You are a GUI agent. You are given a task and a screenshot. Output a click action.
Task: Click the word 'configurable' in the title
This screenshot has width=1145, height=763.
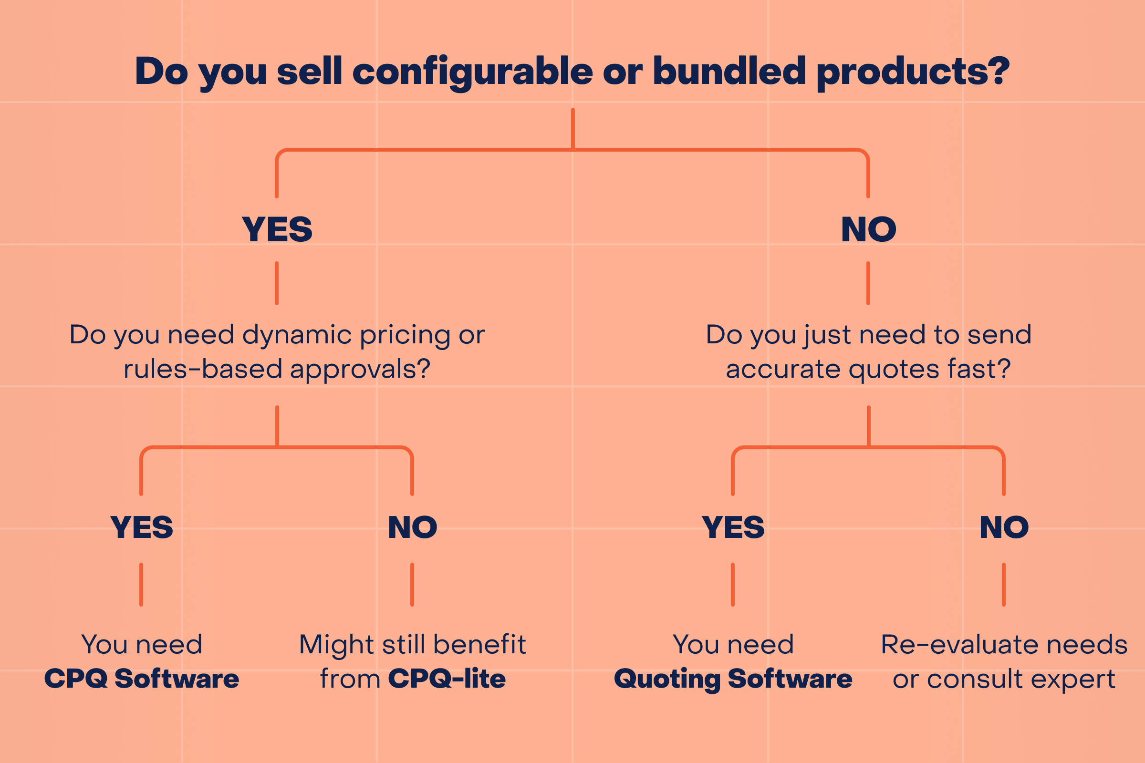tap(472, 72)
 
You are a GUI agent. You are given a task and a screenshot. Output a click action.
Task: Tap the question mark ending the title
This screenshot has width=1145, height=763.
tap(998, 71)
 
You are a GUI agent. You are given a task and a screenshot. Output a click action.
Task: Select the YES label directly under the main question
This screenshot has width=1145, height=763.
tap(277, 230)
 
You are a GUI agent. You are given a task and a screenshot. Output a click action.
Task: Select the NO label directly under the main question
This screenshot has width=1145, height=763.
tap(868, 230)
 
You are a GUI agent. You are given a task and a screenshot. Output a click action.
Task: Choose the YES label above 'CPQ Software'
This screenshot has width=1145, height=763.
tap(142, 527)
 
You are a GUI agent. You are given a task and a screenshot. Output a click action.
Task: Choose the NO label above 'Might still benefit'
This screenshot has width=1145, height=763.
tap(412, 527)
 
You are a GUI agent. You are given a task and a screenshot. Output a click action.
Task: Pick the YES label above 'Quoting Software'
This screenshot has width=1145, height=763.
tap(733, 527)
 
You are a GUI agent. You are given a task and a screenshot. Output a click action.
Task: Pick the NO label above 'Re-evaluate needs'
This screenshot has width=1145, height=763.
tap(1004, 527)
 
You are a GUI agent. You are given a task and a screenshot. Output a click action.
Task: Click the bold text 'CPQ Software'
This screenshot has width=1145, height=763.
tap(142, 679)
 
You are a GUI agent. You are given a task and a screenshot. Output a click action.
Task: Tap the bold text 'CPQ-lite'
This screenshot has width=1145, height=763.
tap(447, 679)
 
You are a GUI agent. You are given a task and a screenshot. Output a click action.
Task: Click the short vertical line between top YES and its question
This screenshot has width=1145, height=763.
tap(277, 283)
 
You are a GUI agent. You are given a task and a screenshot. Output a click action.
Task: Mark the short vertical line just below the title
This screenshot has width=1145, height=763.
tap(572, 127)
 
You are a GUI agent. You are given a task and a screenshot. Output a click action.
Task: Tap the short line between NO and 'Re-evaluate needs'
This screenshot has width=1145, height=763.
tap(1004, 585)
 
